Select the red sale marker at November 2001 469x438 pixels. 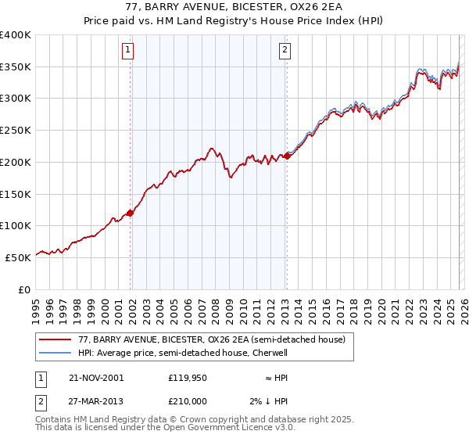131,213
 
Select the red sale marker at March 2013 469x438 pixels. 287,156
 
